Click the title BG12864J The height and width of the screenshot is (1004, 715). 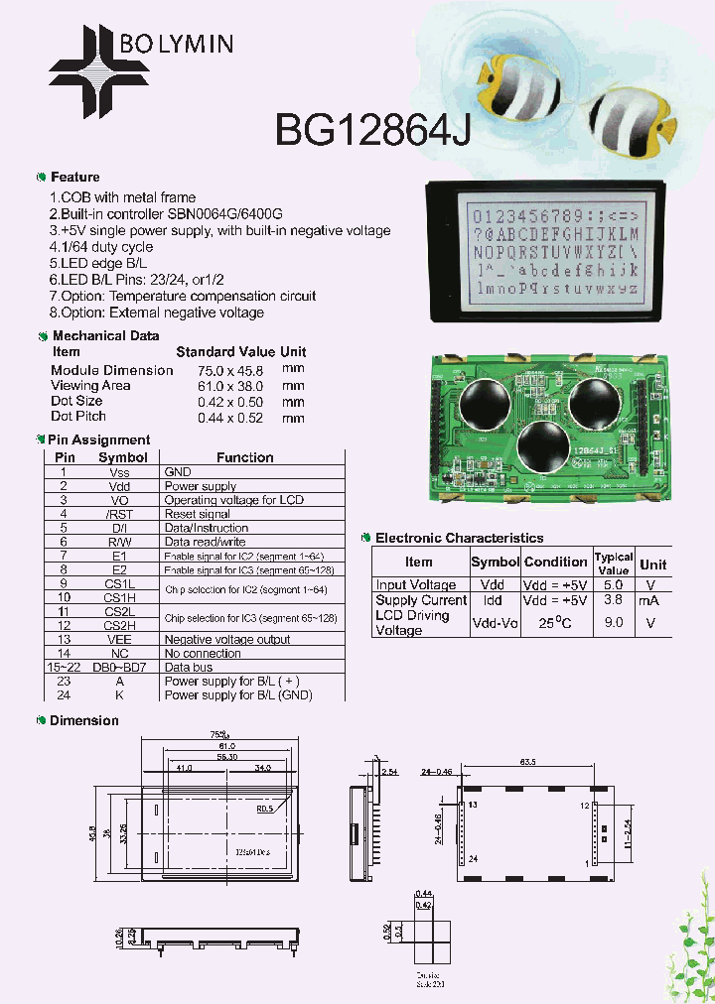[x=372, y=129]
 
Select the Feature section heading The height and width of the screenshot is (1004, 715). [x=74, y=178]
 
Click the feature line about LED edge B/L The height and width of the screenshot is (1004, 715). [x=98, y=263]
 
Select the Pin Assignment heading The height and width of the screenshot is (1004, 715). [x=99, y=439]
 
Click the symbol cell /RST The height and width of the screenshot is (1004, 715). [x=119, y=514]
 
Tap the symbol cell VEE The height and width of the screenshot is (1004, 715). [x=119, y=640]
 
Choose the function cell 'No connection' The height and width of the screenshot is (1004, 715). [x=203, y=654]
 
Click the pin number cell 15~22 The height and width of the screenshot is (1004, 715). [x=64, y=668]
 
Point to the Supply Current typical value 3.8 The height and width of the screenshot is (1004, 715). [x=613, y=600]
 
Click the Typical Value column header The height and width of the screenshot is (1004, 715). [x=613, y=564]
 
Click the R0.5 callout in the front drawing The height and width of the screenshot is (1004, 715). [x=265, y=809]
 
